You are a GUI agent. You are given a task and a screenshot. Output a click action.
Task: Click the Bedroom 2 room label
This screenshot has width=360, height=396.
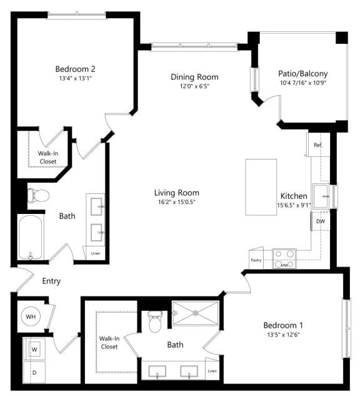pos(75,69)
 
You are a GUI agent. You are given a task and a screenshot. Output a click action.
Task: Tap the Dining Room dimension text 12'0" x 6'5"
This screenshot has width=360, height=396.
pos(194,87)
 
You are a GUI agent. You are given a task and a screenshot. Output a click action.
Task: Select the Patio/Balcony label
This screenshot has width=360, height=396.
pos(302,73)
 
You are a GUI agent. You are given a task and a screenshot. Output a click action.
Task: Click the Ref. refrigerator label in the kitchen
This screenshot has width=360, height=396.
pos(317,145)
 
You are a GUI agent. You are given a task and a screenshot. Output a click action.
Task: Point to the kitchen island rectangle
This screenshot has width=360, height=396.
pos(261,186)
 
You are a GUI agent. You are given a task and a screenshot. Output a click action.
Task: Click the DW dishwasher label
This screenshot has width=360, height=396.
pos(320,221)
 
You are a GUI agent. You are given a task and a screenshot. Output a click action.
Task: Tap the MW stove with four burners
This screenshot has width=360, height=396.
pos(284,259)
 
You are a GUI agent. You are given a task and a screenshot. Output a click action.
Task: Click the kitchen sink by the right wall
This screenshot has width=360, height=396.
pos(321,196)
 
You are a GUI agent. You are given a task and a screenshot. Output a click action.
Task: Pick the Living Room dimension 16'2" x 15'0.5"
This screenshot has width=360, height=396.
pos(177,201)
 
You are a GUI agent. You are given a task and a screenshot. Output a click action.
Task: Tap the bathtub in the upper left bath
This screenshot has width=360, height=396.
pos(31,238)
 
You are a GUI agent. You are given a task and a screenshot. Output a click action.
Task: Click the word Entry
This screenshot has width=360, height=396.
pos(51,281)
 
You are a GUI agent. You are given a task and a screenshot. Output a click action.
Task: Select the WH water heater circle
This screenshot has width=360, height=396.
pos(29,317)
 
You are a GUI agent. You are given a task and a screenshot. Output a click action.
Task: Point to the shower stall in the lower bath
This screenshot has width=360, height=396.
pos(195,313)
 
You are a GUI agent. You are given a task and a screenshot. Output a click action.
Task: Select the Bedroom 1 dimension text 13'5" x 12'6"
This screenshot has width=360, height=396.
pos(283,335)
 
